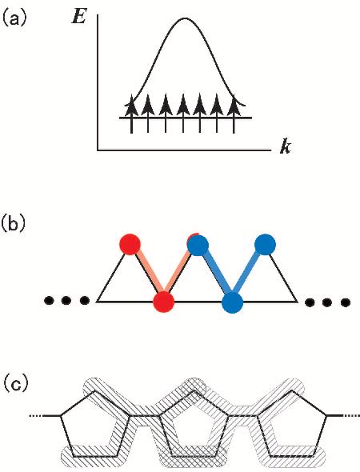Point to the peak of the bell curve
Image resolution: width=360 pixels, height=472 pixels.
pyautogui.click(x=185, y=18)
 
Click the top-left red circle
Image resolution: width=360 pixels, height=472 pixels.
pyautogui.click(x=130, y=243)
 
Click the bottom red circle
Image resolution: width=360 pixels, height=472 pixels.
pyautogui.click(x=163, y=302)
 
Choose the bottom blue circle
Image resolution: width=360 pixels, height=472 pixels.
pyautogui.click(x=232, y=302)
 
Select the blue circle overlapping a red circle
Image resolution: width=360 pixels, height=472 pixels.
pyautogui.click(x=198, y=244)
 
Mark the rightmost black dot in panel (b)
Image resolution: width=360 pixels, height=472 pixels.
pyautogui.click(x=345, y=302)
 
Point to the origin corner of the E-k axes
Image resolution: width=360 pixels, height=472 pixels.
pyautogui.click(x=98, y=149)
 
